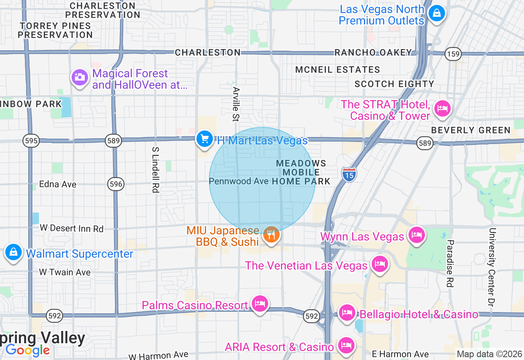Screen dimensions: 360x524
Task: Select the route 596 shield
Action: [116, 184]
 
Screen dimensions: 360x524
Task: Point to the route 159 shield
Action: [454, 54]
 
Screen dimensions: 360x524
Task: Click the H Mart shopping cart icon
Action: [204, 139]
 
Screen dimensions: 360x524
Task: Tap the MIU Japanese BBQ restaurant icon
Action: [271, 235]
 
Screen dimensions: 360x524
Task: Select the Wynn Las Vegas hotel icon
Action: [416, 235]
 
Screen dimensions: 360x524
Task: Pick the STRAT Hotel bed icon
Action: [442, 109]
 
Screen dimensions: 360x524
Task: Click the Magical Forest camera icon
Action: [79, 76]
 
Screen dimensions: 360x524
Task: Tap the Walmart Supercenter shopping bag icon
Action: [14, 252]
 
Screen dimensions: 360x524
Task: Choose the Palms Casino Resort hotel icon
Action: [260, 304]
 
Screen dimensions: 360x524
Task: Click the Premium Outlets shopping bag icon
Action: [436, 13]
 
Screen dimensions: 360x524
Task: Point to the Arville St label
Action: [236, 104]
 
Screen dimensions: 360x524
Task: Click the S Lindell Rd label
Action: [155, 170]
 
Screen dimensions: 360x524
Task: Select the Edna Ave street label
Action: [58, 184]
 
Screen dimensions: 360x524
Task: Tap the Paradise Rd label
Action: [450, 263]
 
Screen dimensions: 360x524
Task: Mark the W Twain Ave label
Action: [65, 272]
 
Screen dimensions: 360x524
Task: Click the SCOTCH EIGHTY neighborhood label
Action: [394, 84]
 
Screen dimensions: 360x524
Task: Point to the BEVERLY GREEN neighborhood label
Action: [471, 130]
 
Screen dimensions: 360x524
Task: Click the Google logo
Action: [28, 350]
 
